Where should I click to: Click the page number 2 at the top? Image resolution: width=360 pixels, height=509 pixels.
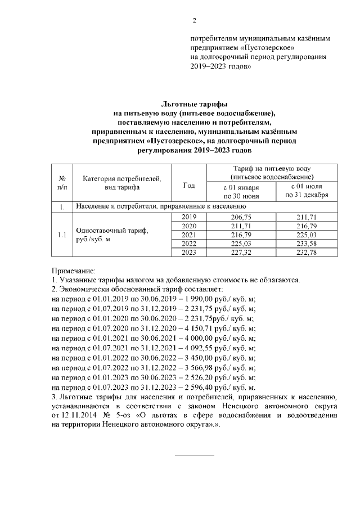tap(195, 21)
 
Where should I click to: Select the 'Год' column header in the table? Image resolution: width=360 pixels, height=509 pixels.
tap(190, 184)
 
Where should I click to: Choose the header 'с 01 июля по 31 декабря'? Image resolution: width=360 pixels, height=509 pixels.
tap(307, 191)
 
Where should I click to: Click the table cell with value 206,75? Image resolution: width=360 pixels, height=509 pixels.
tap(241, 217)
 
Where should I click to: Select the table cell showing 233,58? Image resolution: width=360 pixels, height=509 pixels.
tap(307, 244)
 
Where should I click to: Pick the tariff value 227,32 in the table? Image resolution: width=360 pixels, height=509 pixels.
tap(241, 253)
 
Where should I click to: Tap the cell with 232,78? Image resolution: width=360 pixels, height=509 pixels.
tap(307, 253)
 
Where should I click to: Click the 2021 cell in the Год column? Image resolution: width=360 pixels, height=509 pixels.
tap(190, 235)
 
